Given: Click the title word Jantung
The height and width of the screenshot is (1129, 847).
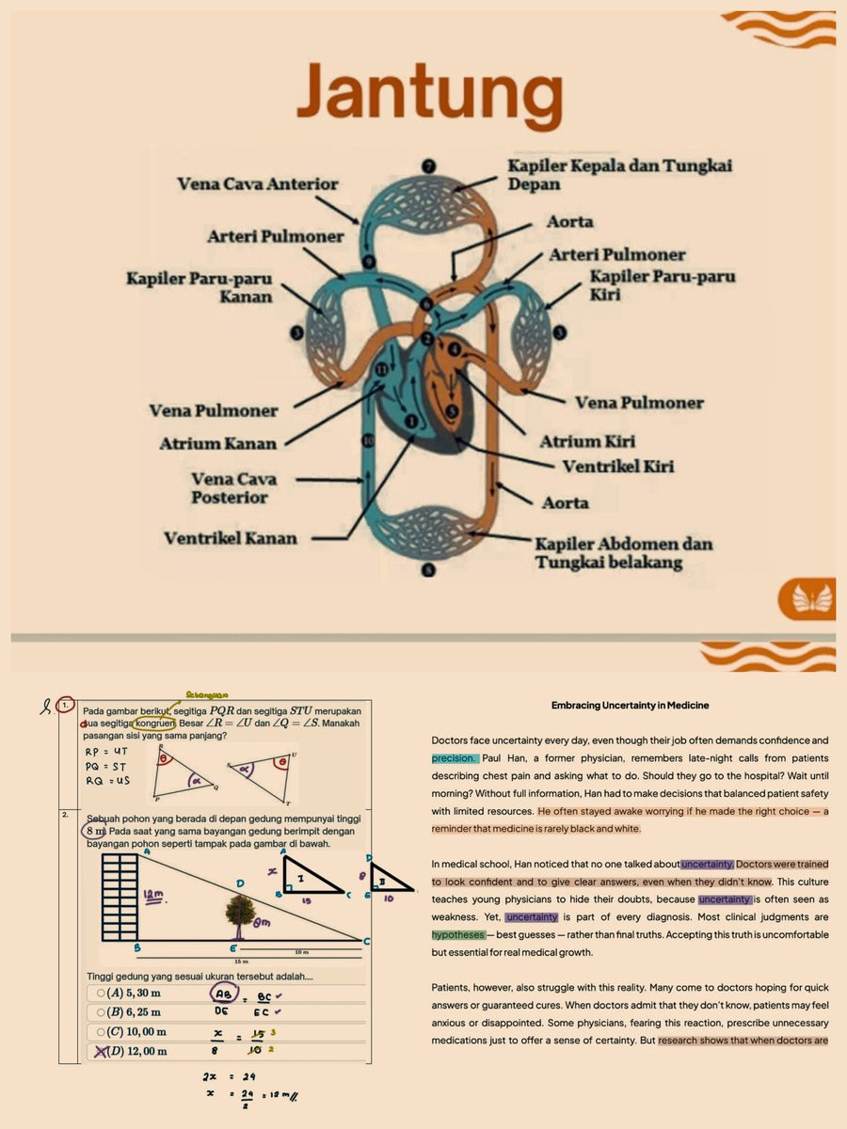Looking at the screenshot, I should click(429, 94).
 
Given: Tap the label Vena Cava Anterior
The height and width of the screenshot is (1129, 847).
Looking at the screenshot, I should click(257, 184).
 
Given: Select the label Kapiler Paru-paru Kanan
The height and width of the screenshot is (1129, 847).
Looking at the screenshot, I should click(200, 288).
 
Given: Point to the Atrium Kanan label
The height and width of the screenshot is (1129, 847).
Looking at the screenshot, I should click(219, 443).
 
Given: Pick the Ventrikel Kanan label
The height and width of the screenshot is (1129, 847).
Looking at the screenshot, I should click(230, 539).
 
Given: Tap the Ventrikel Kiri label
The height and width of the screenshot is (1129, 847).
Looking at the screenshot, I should click(617, 467).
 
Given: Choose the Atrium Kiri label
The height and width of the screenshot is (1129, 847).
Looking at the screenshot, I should click(587, 441).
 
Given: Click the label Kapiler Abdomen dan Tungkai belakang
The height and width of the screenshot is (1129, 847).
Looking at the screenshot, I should click(623, 553).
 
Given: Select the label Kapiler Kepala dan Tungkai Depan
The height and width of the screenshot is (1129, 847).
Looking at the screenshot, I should click(619, 174).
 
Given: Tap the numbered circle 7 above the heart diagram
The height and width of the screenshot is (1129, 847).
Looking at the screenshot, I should click(430, 167).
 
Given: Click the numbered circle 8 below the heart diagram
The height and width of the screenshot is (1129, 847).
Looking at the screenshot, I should click(429, 569).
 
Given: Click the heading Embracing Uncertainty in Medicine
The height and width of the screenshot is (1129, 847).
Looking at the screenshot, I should click(630, 705).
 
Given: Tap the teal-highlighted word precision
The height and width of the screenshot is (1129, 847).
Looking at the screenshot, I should click(455, 758).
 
